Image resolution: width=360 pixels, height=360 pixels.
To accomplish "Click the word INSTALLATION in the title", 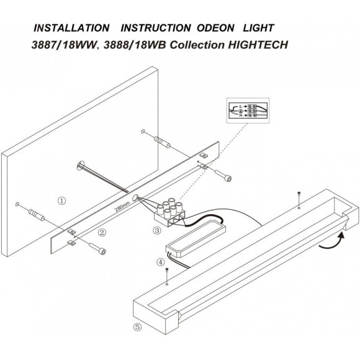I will [x=68, y=29].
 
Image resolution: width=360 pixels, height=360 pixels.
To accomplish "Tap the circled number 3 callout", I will [x=156, y=230].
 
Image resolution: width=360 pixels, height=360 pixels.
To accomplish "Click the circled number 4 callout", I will [x=161, y=262].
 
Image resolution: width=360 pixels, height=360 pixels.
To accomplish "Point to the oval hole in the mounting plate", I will [x=134, y=202].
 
